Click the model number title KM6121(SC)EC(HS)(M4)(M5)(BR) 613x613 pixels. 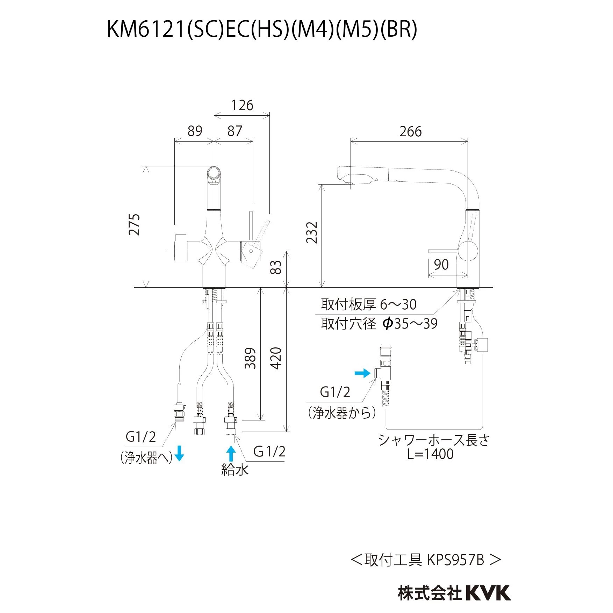(262, 29)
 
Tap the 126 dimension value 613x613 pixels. (242, 105)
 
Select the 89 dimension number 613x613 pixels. (195, 131)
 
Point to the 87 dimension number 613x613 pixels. (235, 131)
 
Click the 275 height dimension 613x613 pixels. (135, 224)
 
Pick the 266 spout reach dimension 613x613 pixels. (410, 132)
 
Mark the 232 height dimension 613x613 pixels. (312, 232)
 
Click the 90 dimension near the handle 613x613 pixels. (441, 265)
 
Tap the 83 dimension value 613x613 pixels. (276, 267)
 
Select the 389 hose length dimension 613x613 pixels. (250, 358)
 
